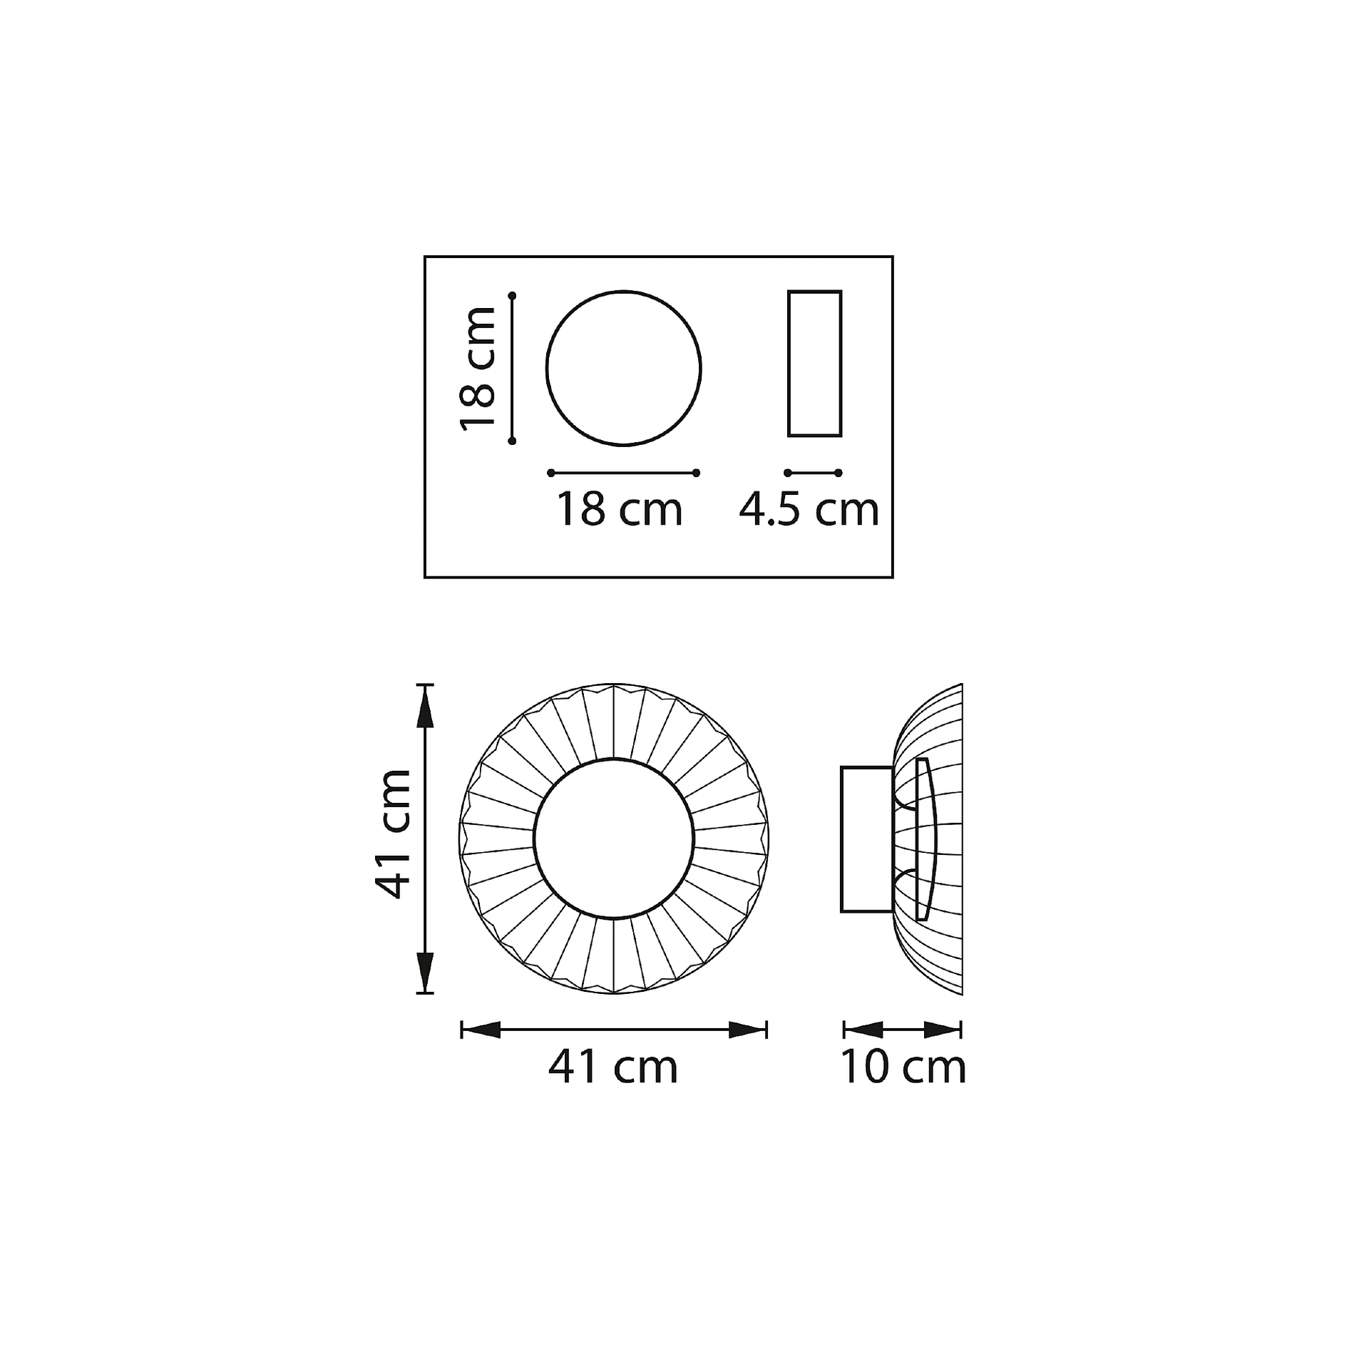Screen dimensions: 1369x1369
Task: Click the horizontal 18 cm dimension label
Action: pyautogui.click(x=620, y=510)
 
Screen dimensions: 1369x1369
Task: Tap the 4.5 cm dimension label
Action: pyautogui.click(x=809, y=510)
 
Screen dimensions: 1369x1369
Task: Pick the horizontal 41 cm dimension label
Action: pyautogui.click(x=613, y=1067)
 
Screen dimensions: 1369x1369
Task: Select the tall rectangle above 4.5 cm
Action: pyautogui.click(x=789, y=364)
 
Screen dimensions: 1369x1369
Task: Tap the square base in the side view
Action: pyautogui.click(x=842, y=839)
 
